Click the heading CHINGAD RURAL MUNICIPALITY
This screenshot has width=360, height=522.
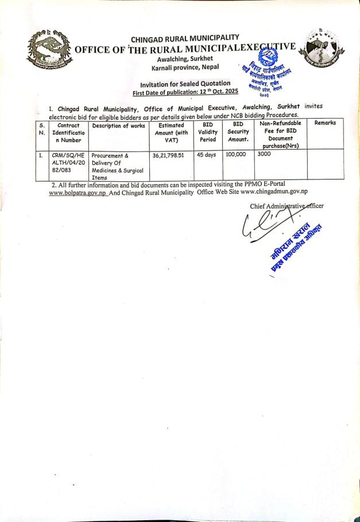point(184,39)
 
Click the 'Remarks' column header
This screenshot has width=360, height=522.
point(324,123)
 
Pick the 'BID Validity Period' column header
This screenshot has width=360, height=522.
point(208,132)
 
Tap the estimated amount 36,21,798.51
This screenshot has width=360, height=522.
point(169,155)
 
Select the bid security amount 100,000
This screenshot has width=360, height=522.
point(236,155)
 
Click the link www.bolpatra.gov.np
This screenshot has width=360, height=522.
point(78,193)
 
